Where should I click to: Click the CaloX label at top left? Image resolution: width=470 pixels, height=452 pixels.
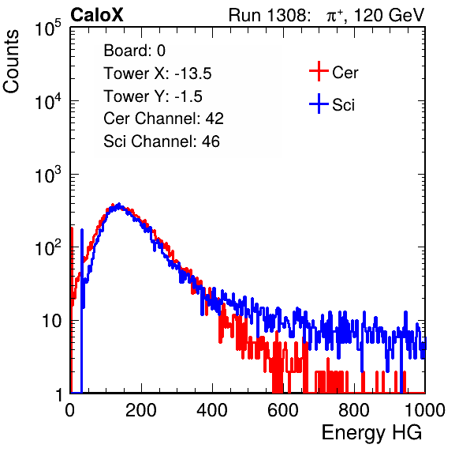coord(96,15)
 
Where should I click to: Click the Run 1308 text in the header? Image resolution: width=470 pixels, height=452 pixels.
coord(268,15)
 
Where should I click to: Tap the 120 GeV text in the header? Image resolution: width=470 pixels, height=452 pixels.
coord(389,15)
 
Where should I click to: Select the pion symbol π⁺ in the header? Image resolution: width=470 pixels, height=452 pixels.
coord(335,15)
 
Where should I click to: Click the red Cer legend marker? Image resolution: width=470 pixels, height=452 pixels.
coord(319,71)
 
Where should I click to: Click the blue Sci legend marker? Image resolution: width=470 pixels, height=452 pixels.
coord(319,104)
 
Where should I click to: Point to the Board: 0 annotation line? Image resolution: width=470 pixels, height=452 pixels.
coord(135,51)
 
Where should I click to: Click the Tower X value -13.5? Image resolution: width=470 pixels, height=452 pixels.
coord(193,73)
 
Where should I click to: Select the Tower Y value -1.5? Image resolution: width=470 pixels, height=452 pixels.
coord(188,96)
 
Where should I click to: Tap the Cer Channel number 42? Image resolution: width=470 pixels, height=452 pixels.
coord(214,119)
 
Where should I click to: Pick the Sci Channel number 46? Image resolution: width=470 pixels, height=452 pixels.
coord(211,141)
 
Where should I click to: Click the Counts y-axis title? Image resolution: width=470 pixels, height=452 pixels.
coord(11,62)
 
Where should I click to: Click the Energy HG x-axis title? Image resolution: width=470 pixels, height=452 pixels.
coord(371,433)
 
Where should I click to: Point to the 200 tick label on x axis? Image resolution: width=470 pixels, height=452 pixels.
coord(141,410)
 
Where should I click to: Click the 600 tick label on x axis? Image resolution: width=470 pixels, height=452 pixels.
coord(283,410)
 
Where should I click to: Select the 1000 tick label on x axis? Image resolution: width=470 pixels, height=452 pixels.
coord(425,410)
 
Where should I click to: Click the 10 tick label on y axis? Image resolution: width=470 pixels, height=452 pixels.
coord(51,321)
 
